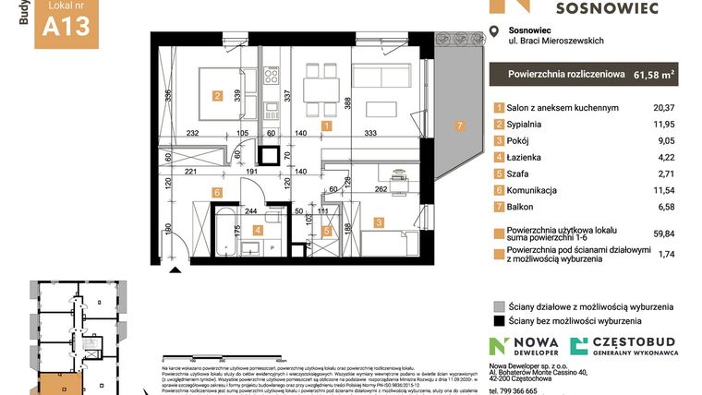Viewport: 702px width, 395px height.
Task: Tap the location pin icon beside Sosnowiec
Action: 500,34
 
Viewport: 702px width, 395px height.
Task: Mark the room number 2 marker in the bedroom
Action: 217,94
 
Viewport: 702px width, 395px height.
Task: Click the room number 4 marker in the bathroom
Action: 258,231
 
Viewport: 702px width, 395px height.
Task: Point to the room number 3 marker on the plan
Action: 379,221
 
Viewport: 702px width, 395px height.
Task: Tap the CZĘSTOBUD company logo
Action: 623,347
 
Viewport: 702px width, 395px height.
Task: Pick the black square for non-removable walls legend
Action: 499,322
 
